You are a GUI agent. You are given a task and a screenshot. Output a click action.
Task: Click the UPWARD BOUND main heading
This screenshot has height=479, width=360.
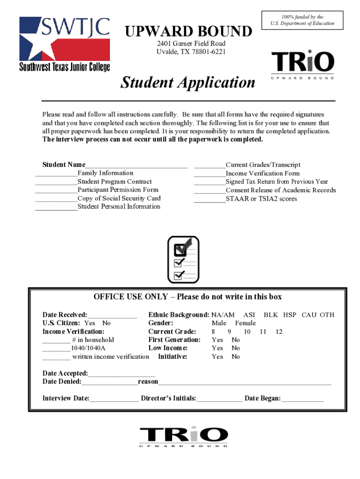click(187, 32)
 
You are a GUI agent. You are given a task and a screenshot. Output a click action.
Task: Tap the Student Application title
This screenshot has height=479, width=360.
click(188, 83)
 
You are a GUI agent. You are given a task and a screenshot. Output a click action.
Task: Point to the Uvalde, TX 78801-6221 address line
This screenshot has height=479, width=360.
click(191, 51)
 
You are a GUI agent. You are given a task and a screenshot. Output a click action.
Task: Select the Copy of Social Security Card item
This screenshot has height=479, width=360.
click(119, 198)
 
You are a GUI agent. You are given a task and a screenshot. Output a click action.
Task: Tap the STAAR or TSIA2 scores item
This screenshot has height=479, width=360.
click(261, 199)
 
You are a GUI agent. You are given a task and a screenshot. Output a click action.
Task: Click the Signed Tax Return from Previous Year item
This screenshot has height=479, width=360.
click(277, 181)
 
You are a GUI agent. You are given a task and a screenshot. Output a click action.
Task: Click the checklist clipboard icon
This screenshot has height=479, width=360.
click(183, 259)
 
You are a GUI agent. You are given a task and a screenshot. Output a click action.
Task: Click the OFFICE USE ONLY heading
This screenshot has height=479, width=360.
click(187, 297)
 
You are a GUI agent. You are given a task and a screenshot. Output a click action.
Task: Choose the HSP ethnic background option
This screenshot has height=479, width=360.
click(289, 315)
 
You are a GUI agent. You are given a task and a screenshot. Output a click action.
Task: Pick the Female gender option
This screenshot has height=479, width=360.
click(245, 323)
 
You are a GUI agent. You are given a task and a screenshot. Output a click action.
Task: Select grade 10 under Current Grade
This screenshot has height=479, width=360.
click(247, 332)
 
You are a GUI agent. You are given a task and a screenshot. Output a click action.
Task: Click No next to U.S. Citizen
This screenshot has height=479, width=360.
click(106, 323)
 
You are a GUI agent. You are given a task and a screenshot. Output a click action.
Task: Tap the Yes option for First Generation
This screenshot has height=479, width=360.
click(217, 340)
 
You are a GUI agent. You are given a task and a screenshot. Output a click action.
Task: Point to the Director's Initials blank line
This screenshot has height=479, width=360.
click(219, 399)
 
